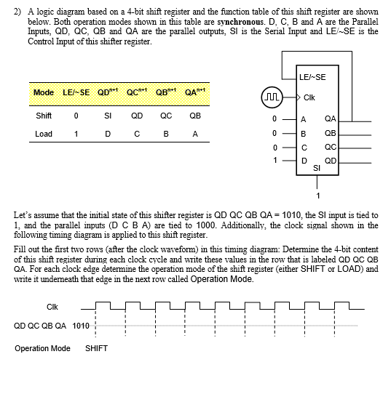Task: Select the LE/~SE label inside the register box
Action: [x=312, y=78]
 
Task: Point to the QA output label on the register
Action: [x=330, y=118]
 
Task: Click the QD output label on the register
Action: [x=330, y=159]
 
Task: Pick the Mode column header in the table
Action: [x=44, y=93]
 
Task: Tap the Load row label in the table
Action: [x=44, y=134]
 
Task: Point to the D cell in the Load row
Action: [x=107, y=134]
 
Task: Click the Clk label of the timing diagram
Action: [x=52, y=305]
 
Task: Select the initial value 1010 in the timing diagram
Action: [x=81, y=325]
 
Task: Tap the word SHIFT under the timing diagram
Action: [x=96, y=348]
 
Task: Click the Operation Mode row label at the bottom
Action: [x=42, y=348]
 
